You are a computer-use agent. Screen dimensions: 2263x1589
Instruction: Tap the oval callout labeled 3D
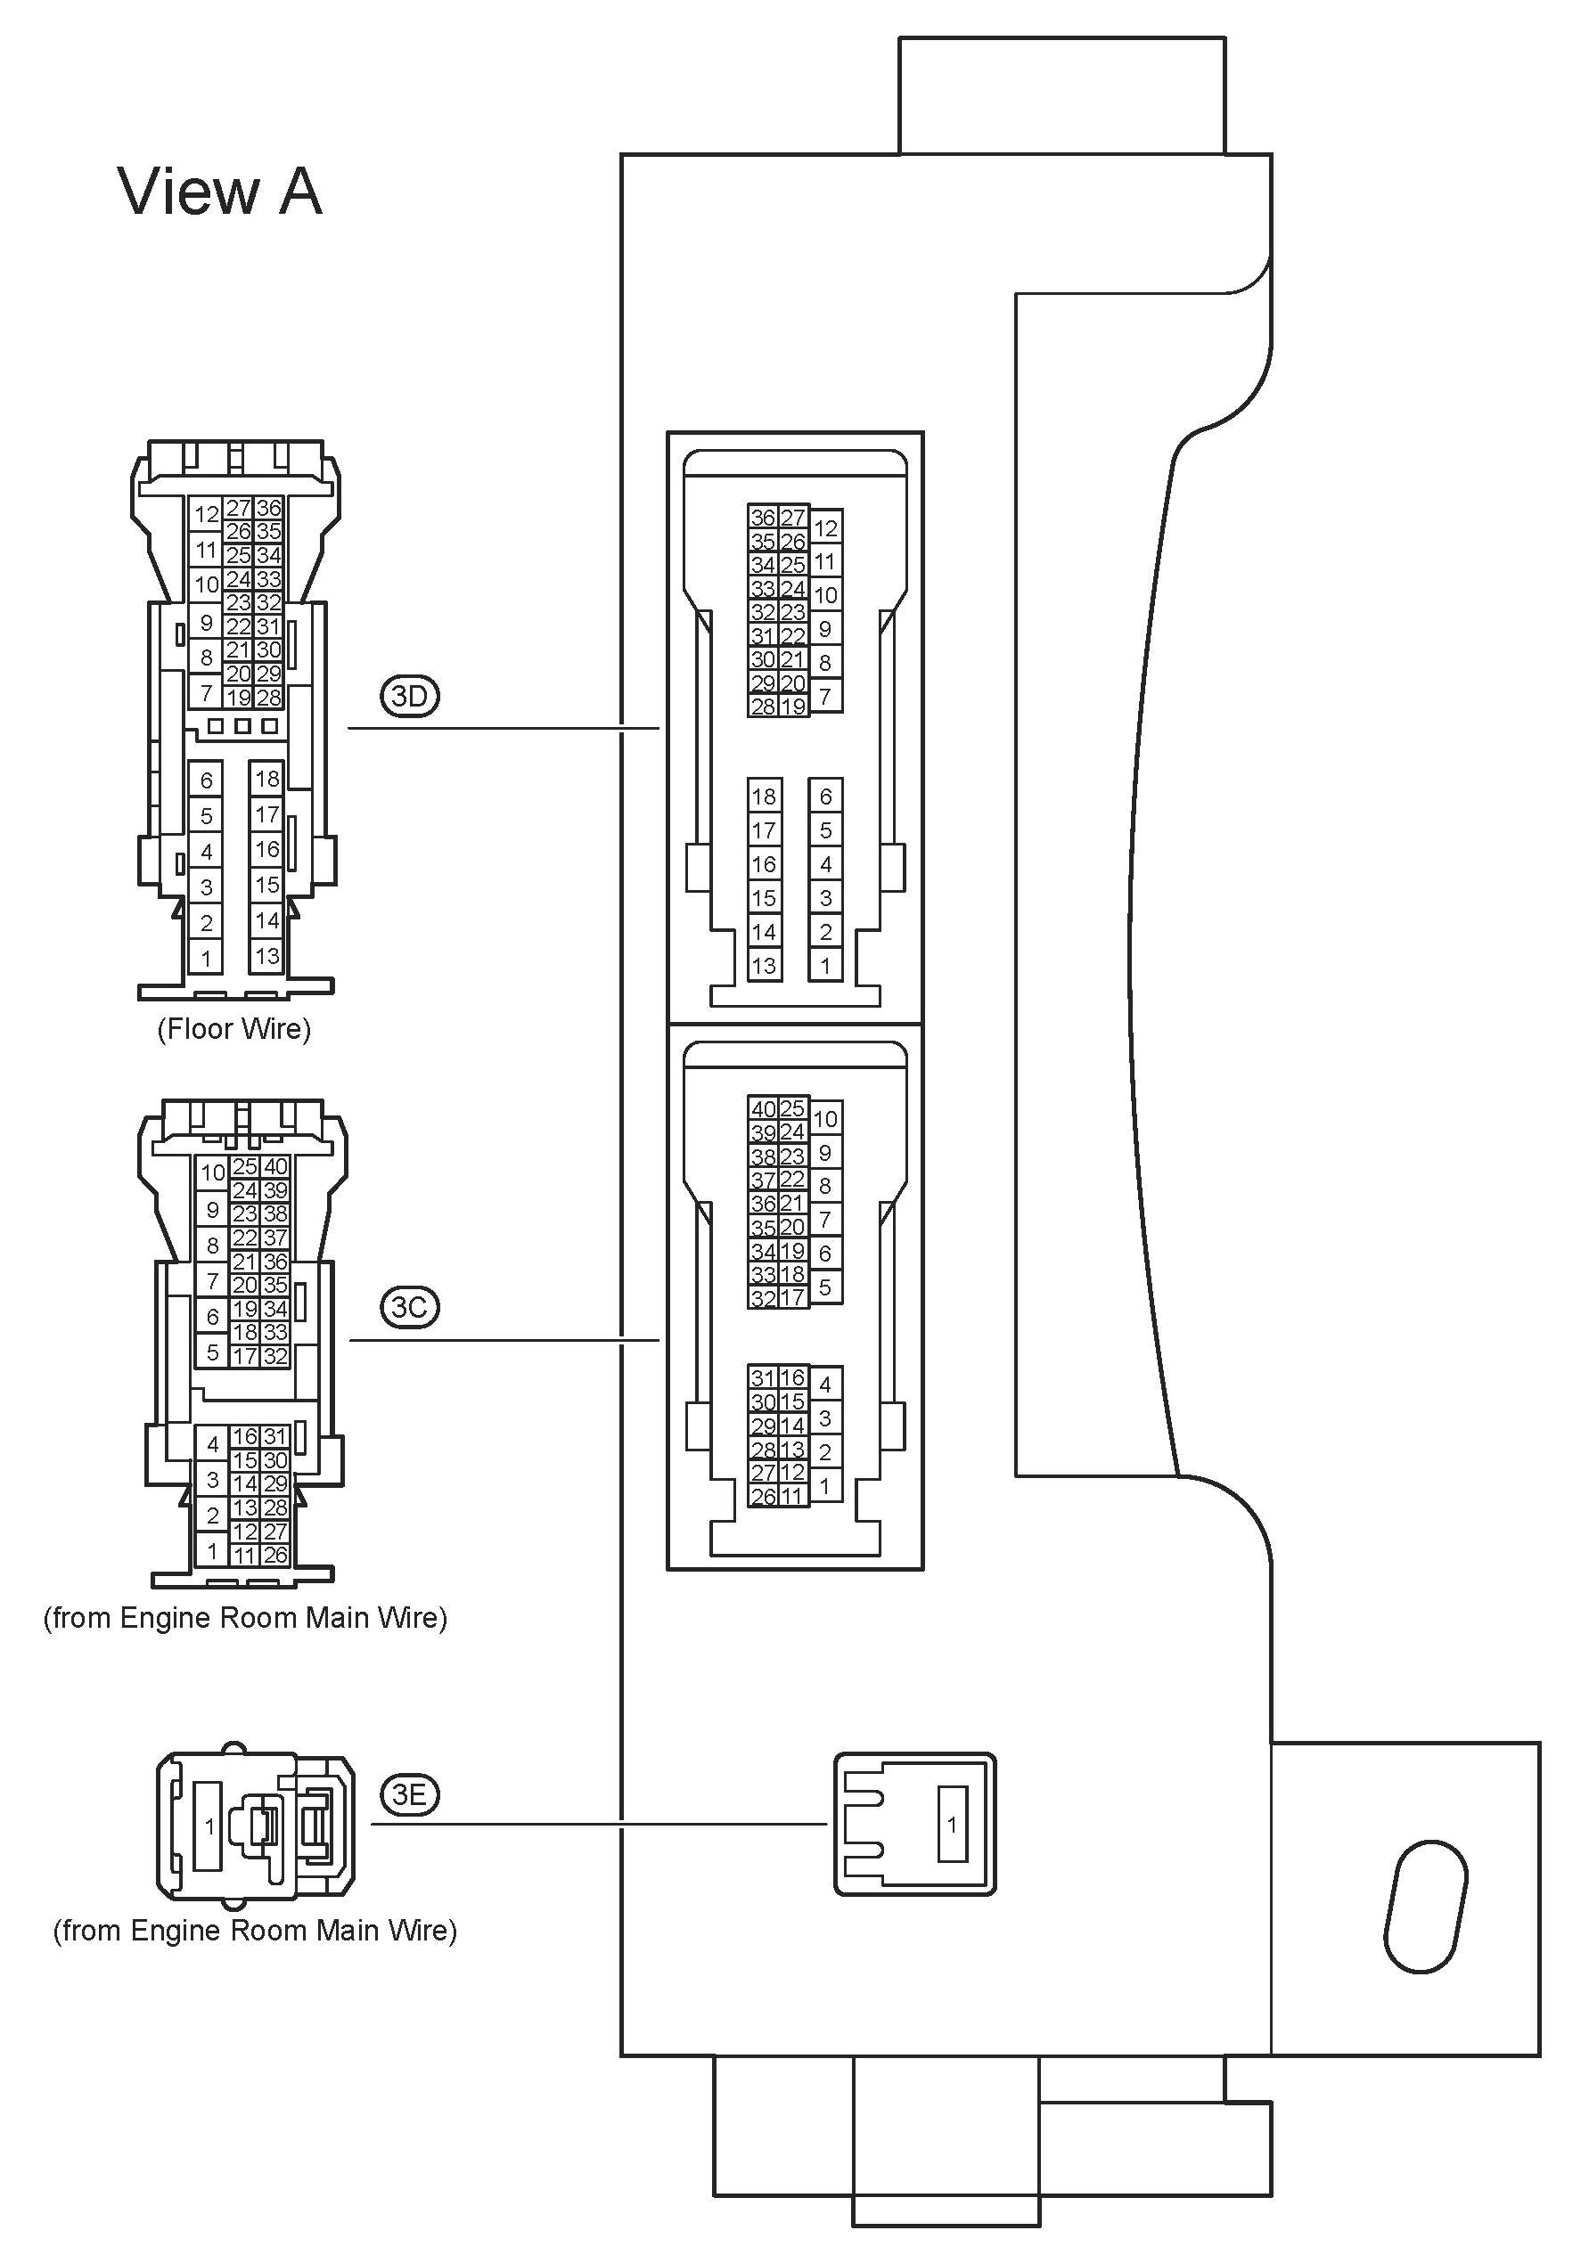pos(409,697)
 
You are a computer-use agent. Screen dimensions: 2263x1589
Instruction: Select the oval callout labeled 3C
pos(409,1307)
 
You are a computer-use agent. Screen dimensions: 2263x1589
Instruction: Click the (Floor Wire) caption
pos(234,1029)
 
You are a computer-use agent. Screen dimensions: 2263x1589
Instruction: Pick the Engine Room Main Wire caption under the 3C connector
pos(245,1617)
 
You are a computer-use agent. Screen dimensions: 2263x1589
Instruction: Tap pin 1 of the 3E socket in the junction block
pos(952,1825)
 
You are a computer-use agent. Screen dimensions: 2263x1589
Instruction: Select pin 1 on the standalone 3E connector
pos(209,1826)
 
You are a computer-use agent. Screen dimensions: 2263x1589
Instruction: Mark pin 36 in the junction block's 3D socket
pos(763,518)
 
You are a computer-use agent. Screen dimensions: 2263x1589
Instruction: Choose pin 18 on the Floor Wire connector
pos(267,779)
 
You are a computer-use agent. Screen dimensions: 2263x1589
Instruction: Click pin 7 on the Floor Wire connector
pos(206,693)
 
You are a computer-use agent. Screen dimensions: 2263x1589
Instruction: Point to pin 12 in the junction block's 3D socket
pos(826,528)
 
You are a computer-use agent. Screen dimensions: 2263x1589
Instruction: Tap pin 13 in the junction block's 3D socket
pos(764,966)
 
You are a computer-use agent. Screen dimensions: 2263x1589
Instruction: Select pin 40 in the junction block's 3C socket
pos(763,1109)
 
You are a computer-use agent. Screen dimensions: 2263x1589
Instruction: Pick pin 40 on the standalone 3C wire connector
pos(275,1166)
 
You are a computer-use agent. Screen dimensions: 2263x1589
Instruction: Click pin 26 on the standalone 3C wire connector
pos(275,1556)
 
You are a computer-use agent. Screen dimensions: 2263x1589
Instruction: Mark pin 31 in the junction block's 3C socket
pos(763,1378)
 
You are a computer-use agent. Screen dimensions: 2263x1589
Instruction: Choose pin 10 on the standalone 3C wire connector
pos(213,1172)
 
